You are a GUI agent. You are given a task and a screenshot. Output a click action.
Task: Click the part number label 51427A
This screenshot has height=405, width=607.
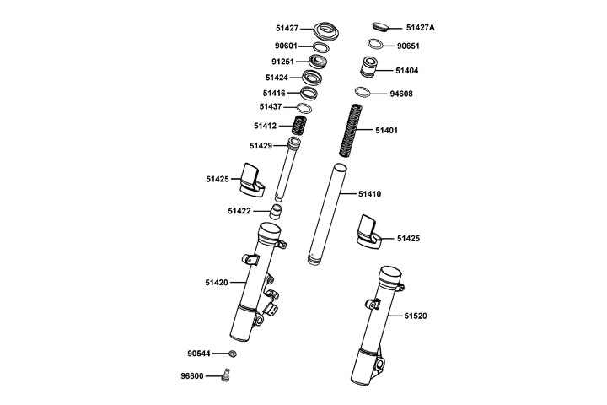tap(420, 27)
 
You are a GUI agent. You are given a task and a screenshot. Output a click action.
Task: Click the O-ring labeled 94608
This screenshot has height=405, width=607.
tap(363, 93)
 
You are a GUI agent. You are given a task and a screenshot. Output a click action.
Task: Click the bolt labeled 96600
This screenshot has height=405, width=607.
tap(226, 376)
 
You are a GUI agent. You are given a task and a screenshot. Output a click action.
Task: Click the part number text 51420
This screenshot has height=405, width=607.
tap(218, 282)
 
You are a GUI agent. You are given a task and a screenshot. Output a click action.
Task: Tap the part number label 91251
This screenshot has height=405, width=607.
tap(283, 62)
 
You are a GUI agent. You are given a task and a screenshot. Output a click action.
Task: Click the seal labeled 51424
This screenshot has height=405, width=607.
tap(314, 78)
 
